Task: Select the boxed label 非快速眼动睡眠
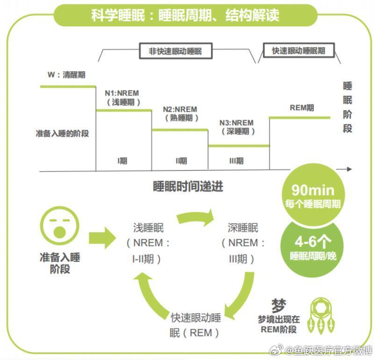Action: [x=175, y=51]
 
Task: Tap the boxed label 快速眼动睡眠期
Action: [x=298, y=50]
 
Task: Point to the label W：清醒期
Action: [x=66, y=75]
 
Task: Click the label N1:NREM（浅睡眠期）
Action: [x=123, y=97]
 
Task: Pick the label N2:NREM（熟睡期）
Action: [x=180, y=114]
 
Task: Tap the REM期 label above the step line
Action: [x=302, y=108]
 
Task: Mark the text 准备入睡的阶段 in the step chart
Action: [x=62, y=133]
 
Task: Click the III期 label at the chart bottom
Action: [x=237, y=161]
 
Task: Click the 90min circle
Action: [x=313, y=195]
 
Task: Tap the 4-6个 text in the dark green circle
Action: [x=313, y=242]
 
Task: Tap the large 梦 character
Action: [x=278, y=306]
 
